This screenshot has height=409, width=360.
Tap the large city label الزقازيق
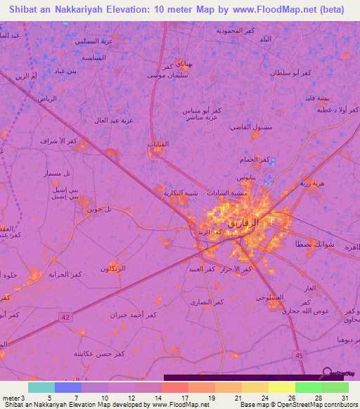(245, 222)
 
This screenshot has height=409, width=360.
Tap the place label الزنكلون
(113, 269)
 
